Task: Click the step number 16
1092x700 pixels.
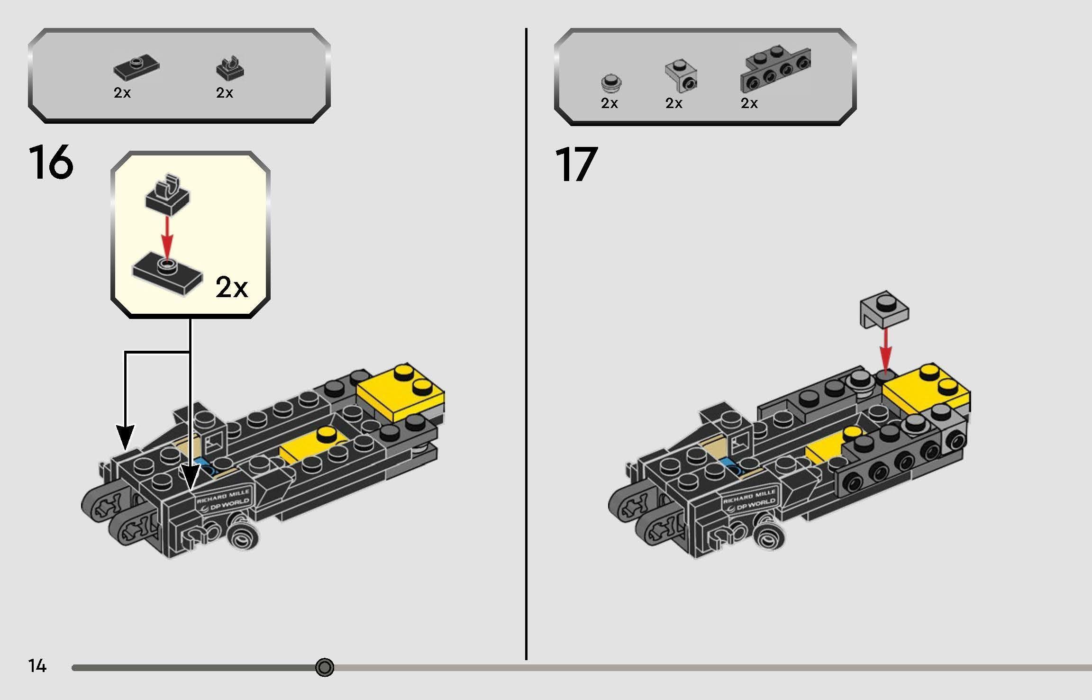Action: [51, 163]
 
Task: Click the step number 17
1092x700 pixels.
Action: [576, 164]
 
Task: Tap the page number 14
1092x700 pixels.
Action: [37, 666]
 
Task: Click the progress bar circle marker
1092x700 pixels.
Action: [325, 667]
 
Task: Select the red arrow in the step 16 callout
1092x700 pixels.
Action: [166, 237]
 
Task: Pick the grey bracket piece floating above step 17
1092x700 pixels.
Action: [884, 309]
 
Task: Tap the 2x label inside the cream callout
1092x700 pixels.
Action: [231, 287]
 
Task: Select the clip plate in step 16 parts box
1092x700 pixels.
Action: [230, 68]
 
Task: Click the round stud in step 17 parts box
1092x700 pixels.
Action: [611, 82]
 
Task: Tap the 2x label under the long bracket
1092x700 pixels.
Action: [749, 103]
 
